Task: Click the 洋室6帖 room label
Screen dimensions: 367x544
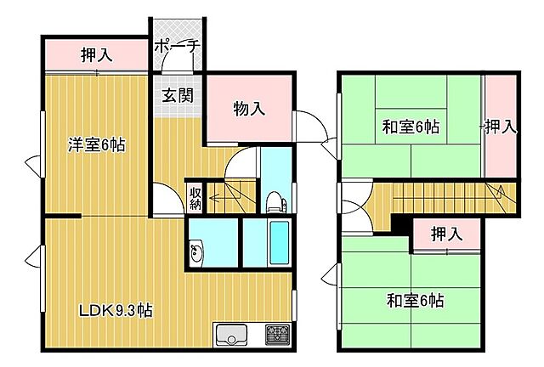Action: [97, 144]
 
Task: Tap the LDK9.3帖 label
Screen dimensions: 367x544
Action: [116, 310]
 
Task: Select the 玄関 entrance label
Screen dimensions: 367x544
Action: [177, 93]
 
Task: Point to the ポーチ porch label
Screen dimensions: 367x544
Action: [177, 47]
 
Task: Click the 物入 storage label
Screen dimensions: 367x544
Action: [249, 109]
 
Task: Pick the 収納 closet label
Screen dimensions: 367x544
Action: [195, 198]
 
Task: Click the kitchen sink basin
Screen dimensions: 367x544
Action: [230, 335]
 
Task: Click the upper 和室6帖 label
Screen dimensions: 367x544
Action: [411, 127]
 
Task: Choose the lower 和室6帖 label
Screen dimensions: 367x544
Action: [416, 300]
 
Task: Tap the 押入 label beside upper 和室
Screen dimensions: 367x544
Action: [501, 127]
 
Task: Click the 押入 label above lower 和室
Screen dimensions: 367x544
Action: [445, 233]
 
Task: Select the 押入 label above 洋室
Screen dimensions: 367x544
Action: [96, 56]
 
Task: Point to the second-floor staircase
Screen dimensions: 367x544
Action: [450, 198]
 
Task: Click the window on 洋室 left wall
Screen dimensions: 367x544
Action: [36, 165]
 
